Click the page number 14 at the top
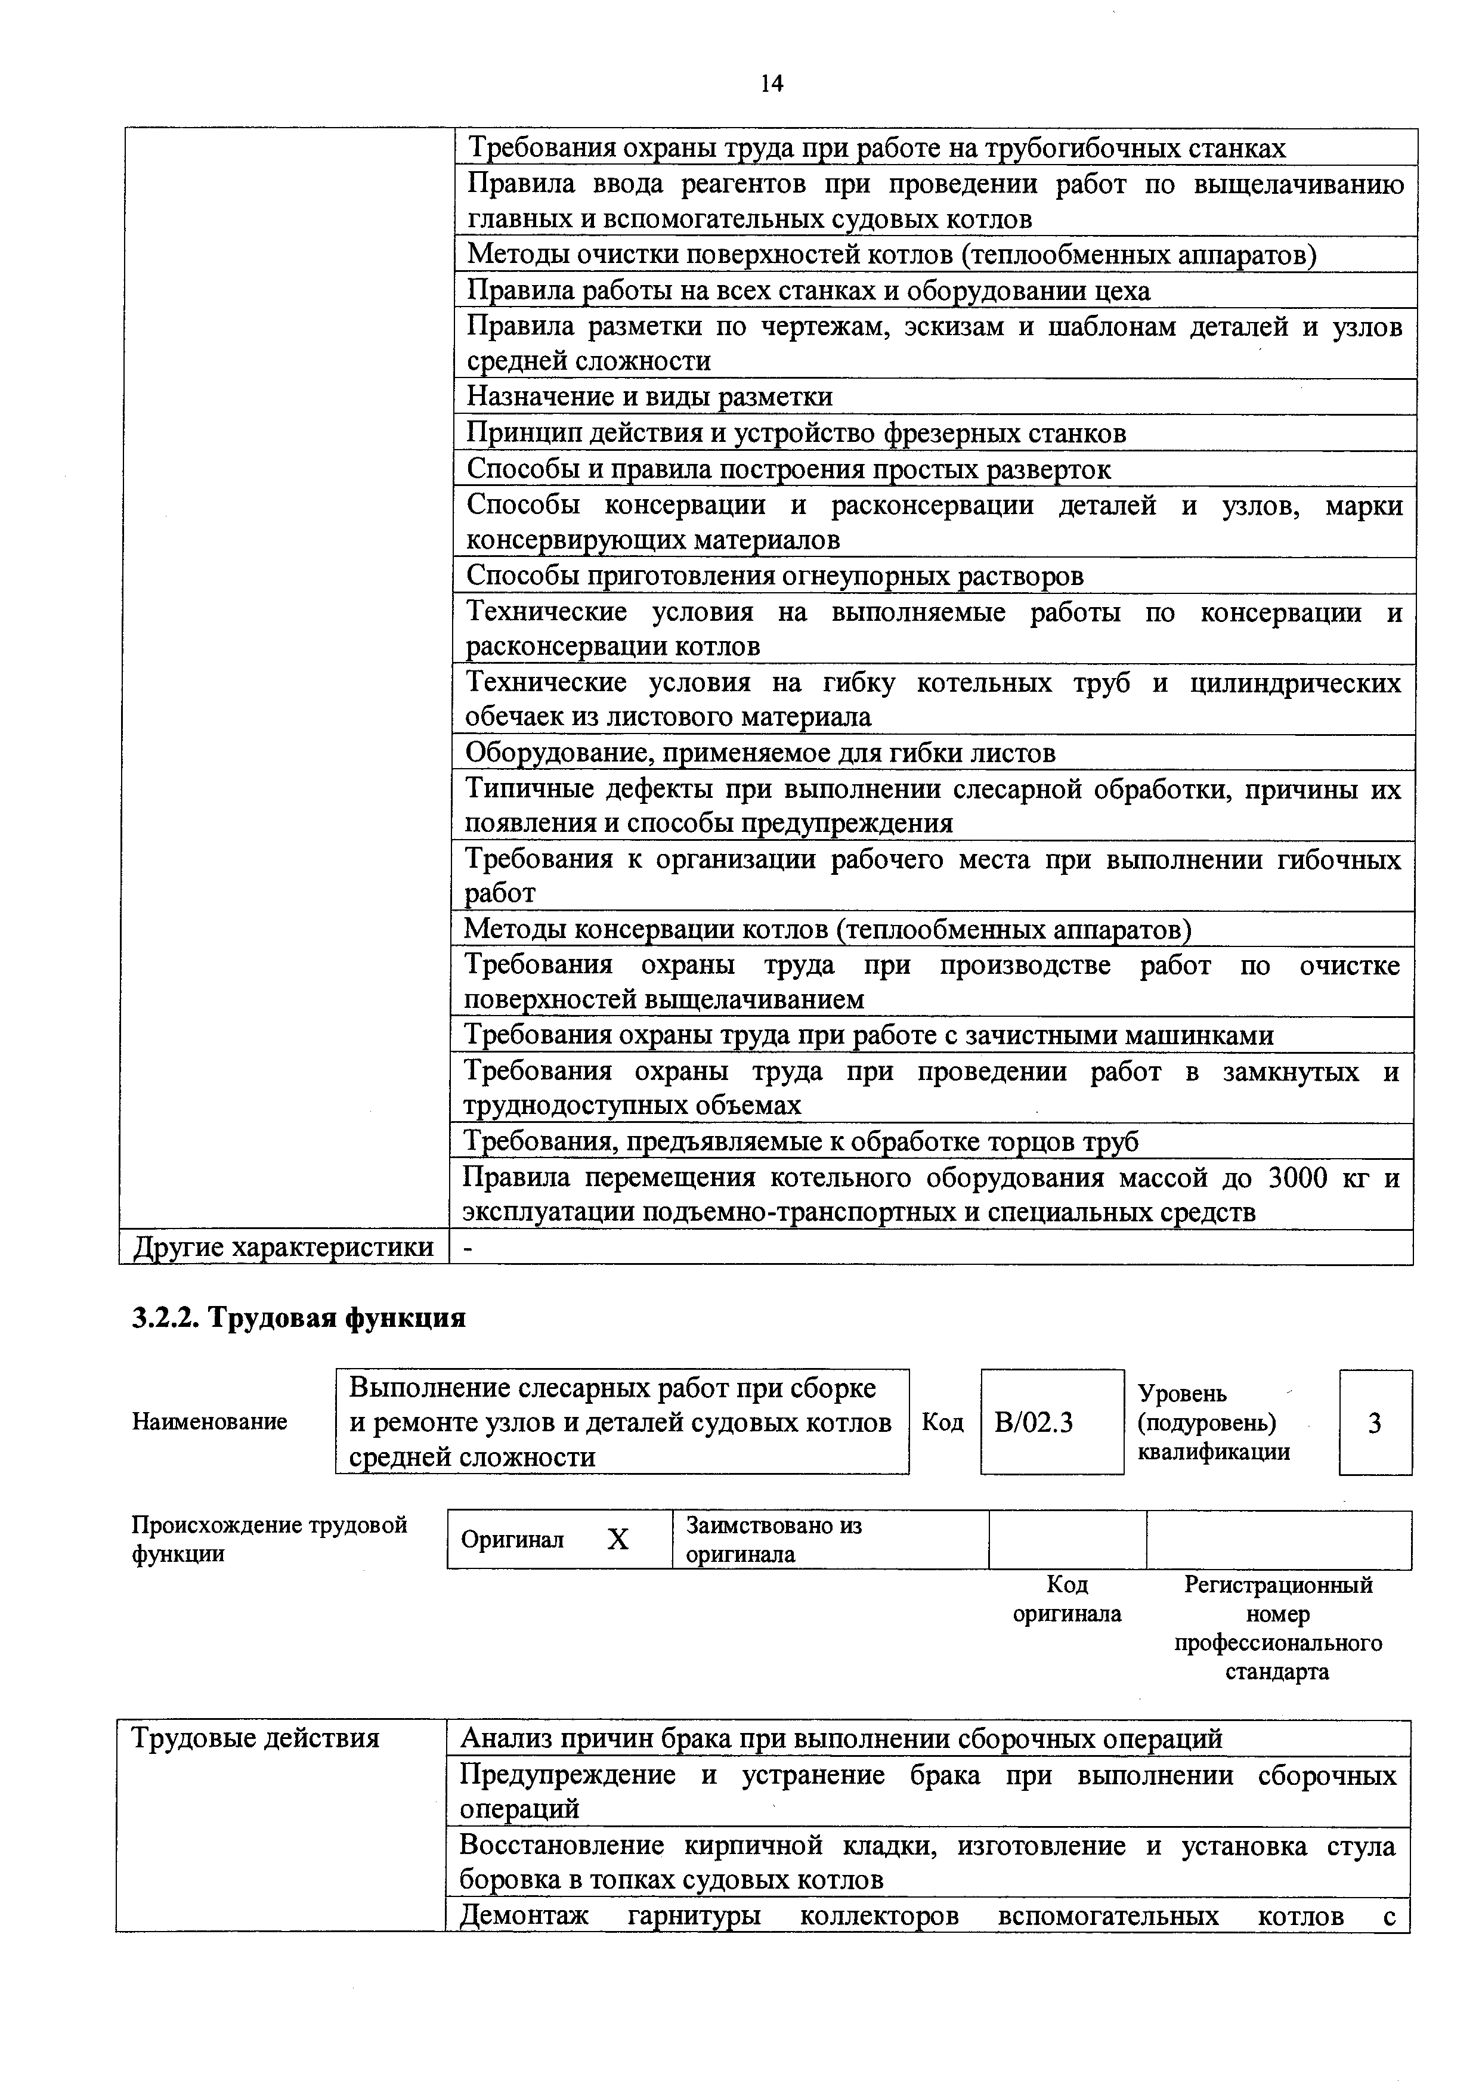coord(771,85)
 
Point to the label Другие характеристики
coord(283,1246)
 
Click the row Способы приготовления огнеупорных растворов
coord(775,576)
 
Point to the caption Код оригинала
coord(1067,1599)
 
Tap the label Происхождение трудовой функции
coord(270,1539)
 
